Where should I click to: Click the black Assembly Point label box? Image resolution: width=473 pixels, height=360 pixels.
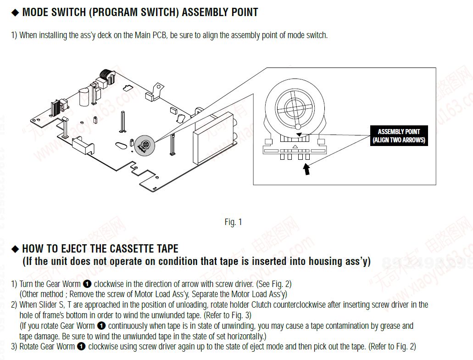pos(399,135)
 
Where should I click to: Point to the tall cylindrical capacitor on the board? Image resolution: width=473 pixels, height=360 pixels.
pos(83,98)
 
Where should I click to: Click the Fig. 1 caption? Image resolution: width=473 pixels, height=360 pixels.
pos(233,222)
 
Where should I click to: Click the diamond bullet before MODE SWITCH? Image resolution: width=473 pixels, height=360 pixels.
pos(15,12)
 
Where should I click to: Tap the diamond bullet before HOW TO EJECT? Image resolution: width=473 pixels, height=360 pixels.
pos(15,249)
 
